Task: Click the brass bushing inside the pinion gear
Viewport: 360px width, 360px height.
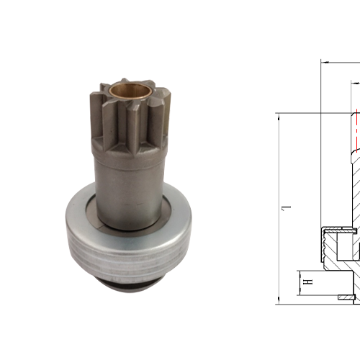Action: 129,92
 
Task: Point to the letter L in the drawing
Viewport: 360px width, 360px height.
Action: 286,209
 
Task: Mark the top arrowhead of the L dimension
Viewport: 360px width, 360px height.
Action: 278,116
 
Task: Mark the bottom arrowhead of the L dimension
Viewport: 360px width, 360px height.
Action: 278,299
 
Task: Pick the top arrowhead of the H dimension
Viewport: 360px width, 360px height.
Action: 299,271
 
